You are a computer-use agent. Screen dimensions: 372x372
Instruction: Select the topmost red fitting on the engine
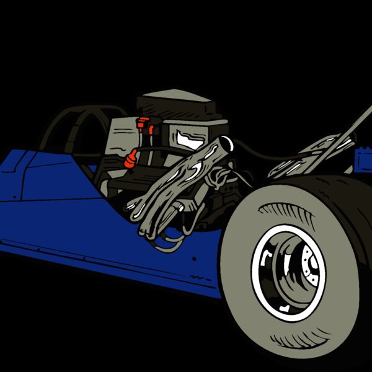[x=143, y=120]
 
